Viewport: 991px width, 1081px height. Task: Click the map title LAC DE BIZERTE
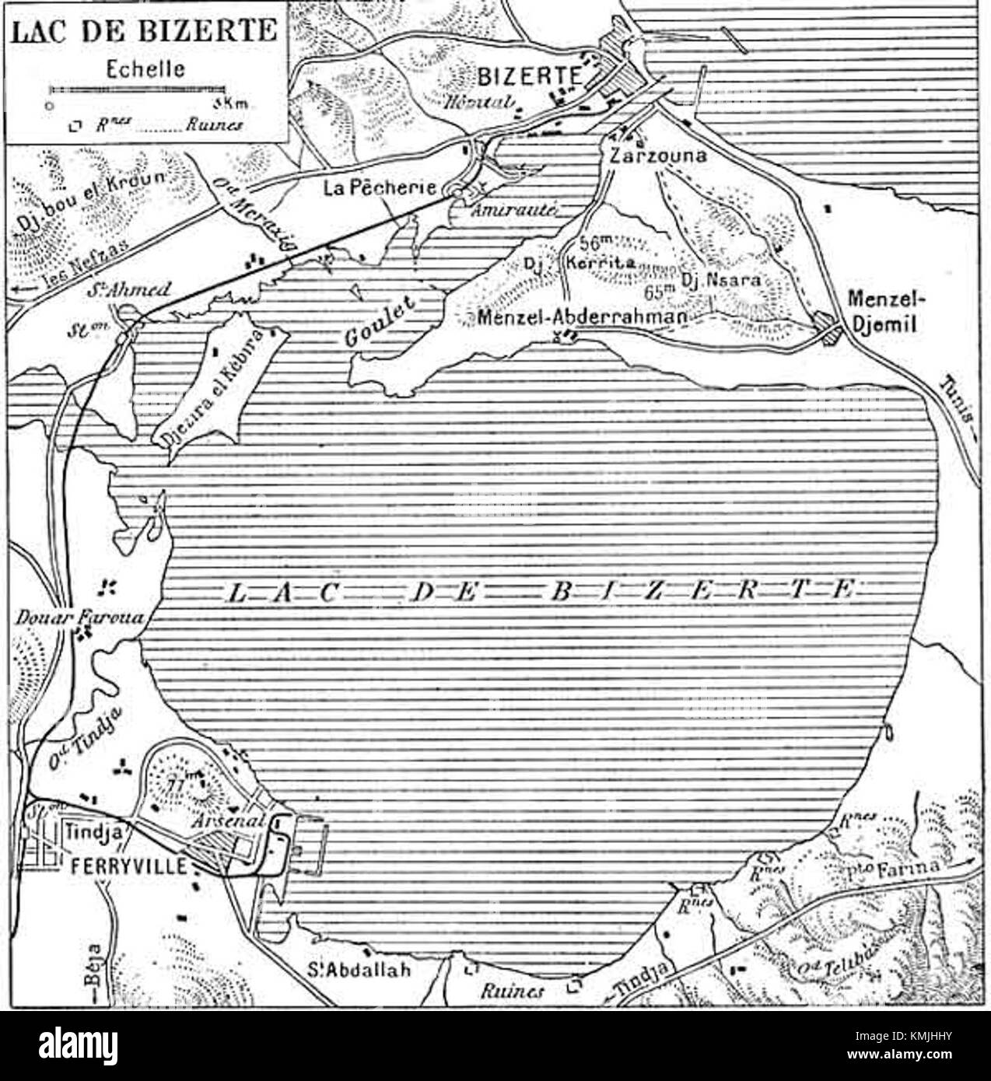point(145,31)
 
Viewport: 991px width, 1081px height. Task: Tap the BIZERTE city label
point(530,76)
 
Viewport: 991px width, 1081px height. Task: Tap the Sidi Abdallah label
point(358,971)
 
